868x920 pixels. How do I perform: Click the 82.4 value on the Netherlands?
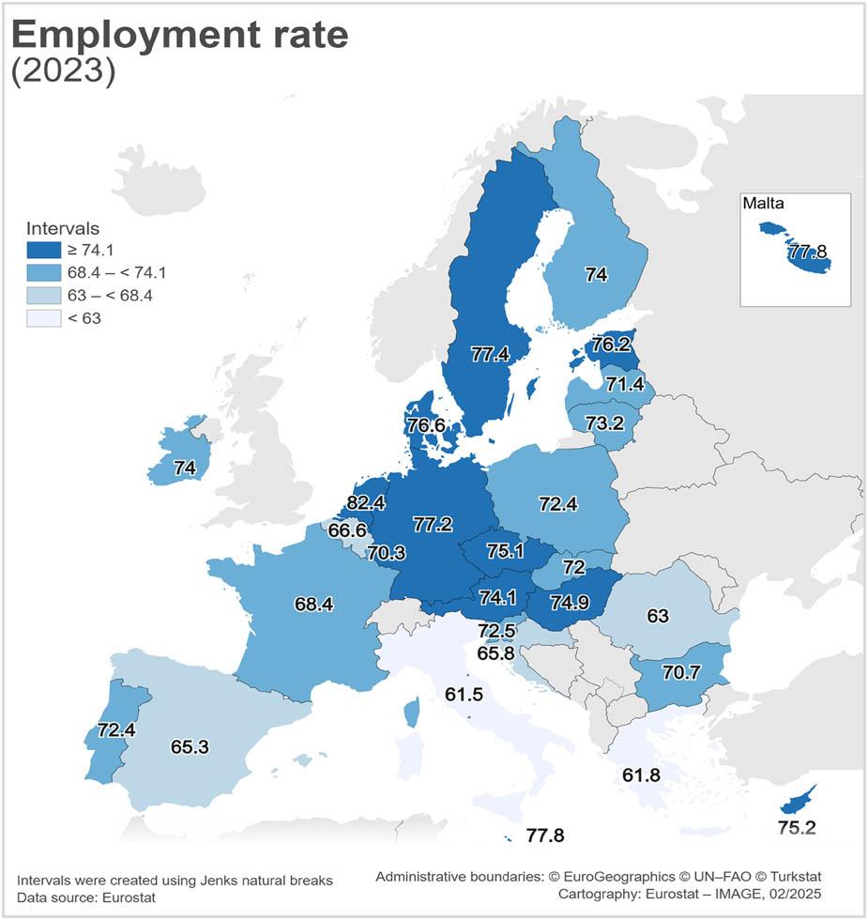click(x=366, y=503)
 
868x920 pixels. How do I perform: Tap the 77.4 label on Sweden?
click(x=490, y=354)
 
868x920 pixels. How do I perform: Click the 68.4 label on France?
click(x=313, y=605)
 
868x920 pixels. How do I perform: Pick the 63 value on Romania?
click(x=658, y=616)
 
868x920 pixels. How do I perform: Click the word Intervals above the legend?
click(x=63, y=228)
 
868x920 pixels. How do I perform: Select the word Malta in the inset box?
click(x=763, y=203)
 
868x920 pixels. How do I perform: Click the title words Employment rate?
click(x=179, y=35)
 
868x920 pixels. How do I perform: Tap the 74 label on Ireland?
click(x=184, y=467)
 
